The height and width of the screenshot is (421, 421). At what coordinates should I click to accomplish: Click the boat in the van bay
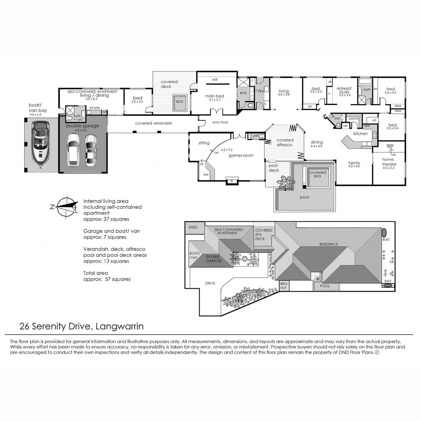coord(40,144)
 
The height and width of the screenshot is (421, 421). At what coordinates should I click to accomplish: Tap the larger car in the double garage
coord(73,150)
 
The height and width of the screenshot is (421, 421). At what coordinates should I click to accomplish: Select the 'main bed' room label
coord(215,96)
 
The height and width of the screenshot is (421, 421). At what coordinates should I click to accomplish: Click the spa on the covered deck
coord(179,101)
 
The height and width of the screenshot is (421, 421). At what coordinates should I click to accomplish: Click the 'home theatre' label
coord(388,161)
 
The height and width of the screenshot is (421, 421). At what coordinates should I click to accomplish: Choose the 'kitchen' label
coord(360,134)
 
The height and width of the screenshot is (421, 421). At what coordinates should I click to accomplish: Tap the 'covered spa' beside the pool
coord(318,174)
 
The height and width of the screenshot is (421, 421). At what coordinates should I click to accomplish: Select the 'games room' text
coord(241,156)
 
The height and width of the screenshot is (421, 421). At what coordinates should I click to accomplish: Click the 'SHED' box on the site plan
coord(193,227)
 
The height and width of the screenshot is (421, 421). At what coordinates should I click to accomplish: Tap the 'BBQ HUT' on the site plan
coord(283,286)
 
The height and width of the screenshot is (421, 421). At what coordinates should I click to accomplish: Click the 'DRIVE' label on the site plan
coord(210,284)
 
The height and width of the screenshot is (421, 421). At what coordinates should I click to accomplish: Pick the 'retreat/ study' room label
coord(344,90)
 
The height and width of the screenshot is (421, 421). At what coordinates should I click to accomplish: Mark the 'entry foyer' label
coord(220,122)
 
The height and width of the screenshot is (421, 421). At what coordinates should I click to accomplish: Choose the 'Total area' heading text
coord(96,273)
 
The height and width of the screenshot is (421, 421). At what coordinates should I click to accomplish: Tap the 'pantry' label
coord(354,119)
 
